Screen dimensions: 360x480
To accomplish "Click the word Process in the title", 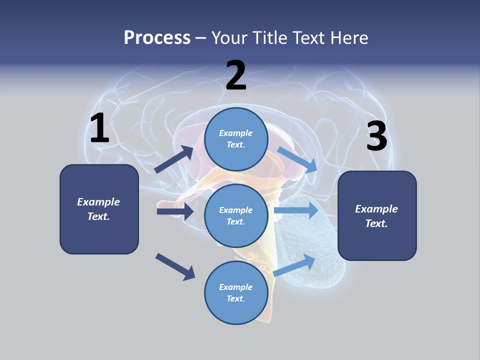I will tap(157, 38).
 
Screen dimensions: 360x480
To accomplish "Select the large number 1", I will tap(99, 128).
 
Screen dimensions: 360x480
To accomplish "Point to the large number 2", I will tap(236, 75).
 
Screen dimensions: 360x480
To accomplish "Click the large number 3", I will tap(376, 136).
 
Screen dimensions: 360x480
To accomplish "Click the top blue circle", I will tap(236, 139).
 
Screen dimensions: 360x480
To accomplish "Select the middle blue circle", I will tap(236, 215).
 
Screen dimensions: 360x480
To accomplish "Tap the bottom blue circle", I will tap(236, 292).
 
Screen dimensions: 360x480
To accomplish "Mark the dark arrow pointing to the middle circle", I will tap(175, 211).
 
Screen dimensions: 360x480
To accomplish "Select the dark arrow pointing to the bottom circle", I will tap(175, 266).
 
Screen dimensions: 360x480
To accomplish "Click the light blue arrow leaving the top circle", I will tap(297, 159).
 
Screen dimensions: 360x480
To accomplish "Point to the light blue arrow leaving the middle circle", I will tap(296, 210).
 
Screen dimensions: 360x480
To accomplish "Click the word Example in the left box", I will tap(98, 202).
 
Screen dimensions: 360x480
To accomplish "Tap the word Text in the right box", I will tap(375, 223).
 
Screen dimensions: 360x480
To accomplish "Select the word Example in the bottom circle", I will tap(235, 287).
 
